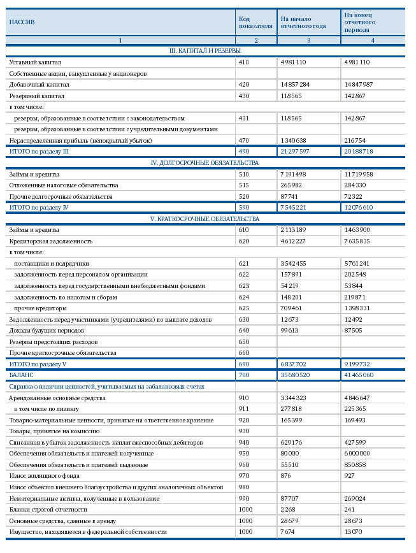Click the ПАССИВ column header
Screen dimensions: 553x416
(x=22, y=22)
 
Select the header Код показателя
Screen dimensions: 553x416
(x=255, y=22)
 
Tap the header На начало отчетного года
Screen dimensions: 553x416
(x=303, y=22)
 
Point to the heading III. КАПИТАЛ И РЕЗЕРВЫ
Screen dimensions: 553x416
(x=204, y=50)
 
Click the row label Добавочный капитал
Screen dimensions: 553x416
(x=39, y=85)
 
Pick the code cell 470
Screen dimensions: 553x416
(x=243, y=140)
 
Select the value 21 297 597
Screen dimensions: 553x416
(x=294, y=152)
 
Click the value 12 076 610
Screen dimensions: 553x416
(x=359, y=208)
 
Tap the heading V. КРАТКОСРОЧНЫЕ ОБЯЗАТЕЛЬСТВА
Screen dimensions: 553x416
(x=204, y=219)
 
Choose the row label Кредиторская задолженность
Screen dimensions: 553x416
(x=50, y=241)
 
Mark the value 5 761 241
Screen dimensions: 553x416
(x=357, y=264)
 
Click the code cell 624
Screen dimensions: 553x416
(x=243, y=297)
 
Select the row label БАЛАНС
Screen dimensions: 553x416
(x=21, y=375)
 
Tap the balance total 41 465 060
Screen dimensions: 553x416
(x=359, y=375)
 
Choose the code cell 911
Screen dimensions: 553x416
(x=243, y=409)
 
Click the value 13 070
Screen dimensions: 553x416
(x=354, y=532)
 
